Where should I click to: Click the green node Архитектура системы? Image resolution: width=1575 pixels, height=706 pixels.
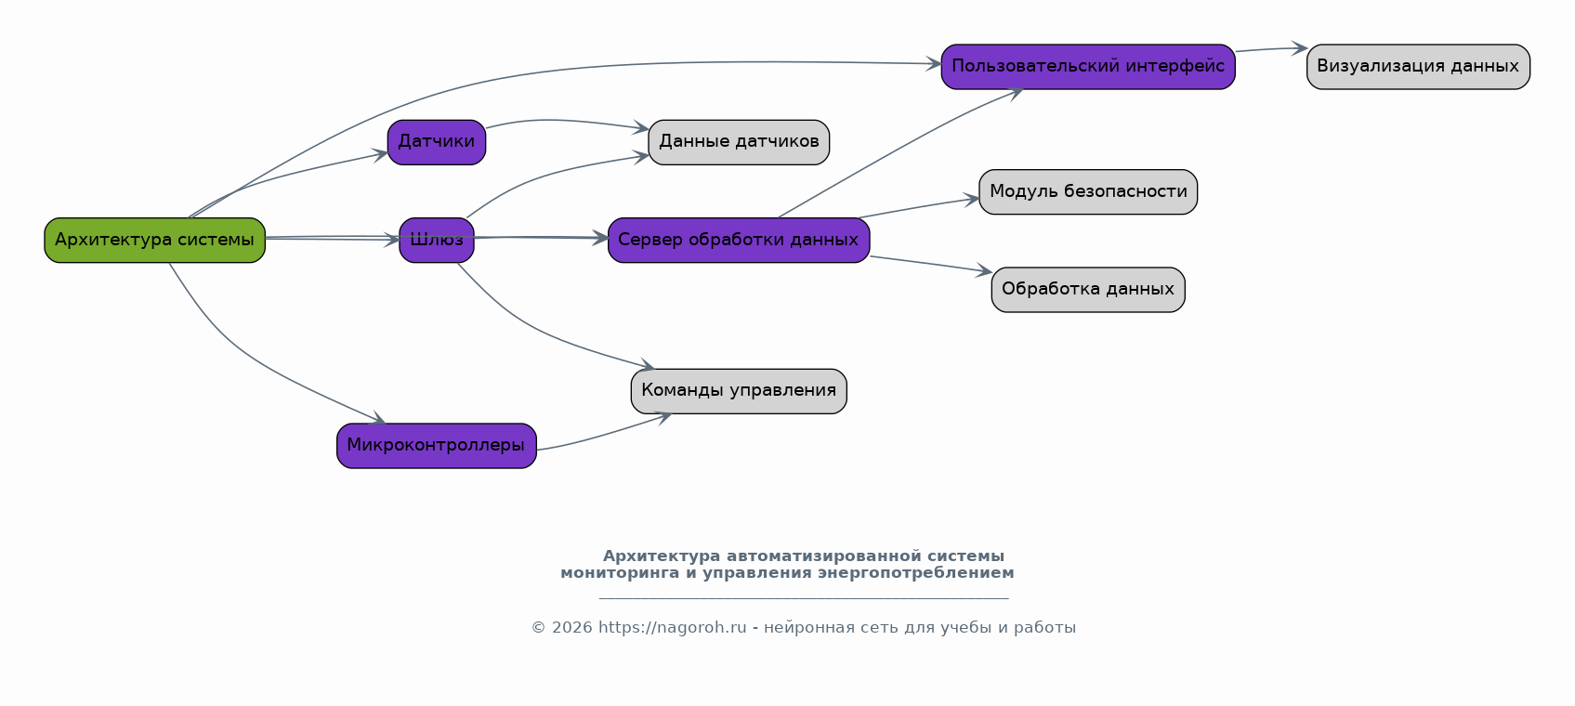[154, 241]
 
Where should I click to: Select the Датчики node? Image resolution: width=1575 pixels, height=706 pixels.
[436, 142]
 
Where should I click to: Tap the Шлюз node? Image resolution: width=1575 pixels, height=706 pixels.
[436, 241]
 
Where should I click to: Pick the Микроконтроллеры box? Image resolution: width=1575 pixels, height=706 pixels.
[436, 446]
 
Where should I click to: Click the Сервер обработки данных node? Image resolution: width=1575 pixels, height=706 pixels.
[738, 241]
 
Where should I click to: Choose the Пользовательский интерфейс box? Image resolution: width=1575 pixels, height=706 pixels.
[1087, 67]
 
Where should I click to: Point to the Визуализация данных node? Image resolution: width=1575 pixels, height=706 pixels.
[1417, 67]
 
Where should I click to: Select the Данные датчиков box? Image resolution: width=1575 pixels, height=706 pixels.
[738, 142]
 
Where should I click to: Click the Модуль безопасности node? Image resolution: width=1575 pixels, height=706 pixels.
[1087, 192]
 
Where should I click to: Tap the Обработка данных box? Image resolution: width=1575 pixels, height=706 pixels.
[1087, 290]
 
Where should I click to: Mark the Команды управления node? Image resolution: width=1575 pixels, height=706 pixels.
[738, 391]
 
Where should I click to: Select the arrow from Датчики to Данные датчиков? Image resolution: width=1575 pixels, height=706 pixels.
[558, 121]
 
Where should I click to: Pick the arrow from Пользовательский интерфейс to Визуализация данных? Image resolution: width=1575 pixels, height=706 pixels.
[1270, 49]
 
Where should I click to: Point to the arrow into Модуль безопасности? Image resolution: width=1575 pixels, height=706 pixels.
[920, 208]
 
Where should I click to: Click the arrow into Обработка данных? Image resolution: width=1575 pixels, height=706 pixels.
[929, 264]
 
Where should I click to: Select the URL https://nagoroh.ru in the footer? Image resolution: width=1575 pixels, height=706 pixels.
[672, 628]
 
